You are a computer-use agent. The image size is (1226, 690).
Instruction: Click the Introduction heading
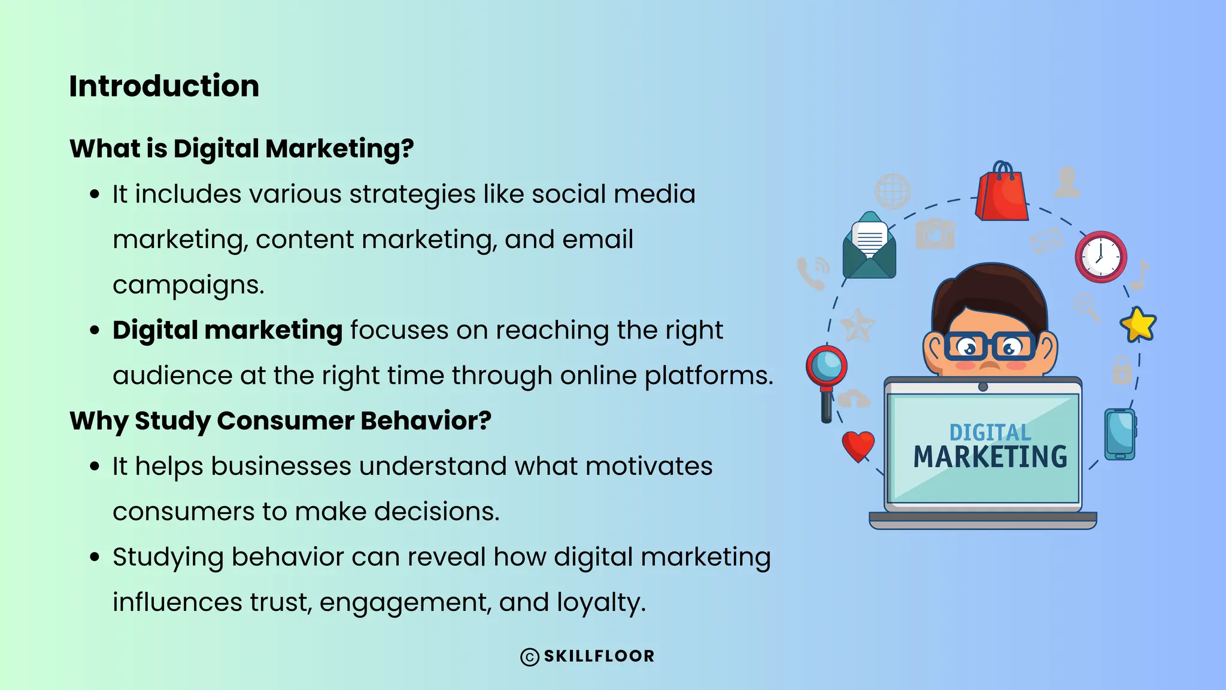[x=164, y=86]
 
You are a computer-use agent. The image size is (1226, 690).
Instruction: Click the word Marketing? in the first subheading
[x=339, y=149]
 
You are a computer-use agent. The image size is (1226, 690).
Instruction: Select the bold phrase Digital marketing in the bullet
[x=227, y=330]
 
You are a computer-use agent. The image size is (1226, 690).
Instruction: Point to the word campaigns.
[x=188, y=285]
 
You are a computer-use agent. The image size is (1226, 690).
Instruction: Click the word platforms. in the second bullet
[x=709, y=376]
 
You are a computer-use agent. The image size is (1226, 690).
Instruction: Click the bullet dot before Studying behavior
[x=94, y=557]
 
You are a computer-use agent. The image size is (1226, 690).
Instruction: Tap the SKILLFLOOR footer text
[x=599, y=656]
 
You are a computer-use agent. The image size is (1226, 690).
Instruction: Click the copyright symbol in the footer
[x=530, y=657]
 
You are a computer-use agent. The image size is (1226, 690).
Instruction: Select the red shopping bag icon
[x=1002, y=193]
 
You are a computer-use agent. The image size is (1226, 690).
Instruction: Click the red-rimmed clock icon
[x=1100, y=257]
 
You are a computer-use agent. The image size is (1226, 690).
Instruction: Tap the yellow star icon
[x=1138, y=325]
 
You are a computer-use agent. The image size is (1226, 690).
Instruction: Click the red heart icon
[x=858, y=446]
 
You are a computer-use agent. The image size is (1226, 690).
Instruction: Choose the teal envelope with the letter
[x=869, y=247]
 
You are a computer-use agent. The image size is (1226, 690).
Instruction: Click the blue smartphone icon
[x=1119, y=434]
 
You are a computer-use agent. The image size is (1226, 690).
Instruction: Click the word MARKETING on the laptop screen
[x=990, y=457]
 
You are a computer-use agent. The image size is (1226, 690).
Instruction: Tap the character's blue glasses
[x=989, y=347]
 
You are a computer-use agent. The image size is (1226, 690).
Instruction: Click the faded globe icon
[x=892, y=191]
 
